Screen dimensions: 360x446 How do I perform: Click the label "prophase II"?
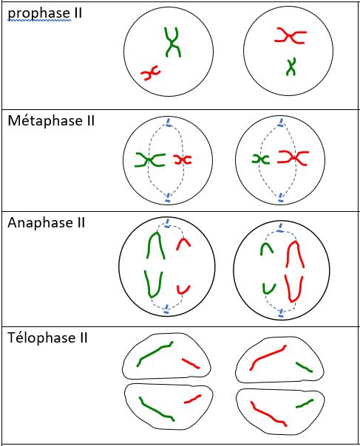click(x=44, y=13)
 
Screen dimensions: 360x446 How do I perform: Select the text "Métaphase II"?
click(x=51, y=120)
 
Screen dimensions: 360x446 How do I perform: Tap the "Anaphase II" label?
click(x=46, y=222)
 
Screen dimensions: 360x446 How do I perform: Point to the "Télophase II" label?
click(x=47, y=338)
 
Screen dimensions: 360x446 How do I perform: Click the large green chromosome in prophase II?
click(x=172, y=44)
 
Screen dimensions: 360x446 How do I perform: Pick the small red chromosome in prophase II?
click(x=151, y=73)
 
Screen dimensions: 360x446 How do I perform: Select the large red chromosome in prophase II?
click(x=291, y=36)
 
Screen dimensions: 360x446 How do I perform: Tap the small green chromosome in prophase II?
click(x=291, y=67)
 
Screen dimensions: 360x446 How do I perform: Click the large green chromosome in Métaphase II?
click(x=149, y=159)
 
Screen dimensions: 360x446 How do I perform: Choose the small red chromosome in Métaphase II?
click(x=183, y=159)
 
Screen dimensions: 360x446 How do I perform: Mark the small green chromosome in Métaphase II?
click(x=260, y=159)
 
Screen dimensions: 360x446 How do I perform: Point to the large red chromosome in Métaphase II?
click(x=293, y=157)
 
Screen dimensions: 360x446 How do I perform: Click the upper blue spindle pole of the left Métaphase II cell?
click(x=168, y=123)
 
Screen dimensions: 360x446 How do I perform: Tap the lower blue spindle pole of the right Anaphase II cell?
click(x=281, y=313)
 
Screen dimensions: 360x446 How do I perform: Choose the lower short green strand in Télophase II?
click(x=305, y=404)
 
